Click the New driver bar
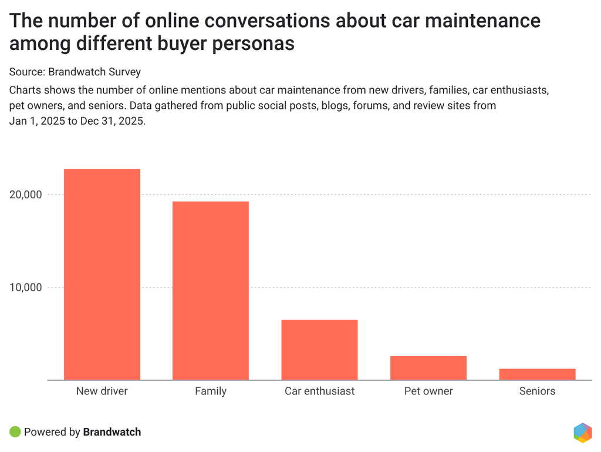102,274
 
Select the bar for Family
211,290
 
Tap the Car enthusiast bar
319,350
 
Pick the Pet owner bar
428,368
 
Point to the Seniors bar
537,374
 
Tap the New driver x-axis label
102,391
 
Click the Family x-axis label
211,391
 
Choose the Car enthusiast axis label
319,391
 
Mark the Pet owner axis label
428,391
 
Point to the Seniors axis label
537,391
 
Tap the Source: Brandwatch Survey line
75,72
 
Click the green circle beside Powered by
15,432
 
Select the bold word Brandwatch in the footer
112,432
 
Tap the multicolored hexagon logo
583,432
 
